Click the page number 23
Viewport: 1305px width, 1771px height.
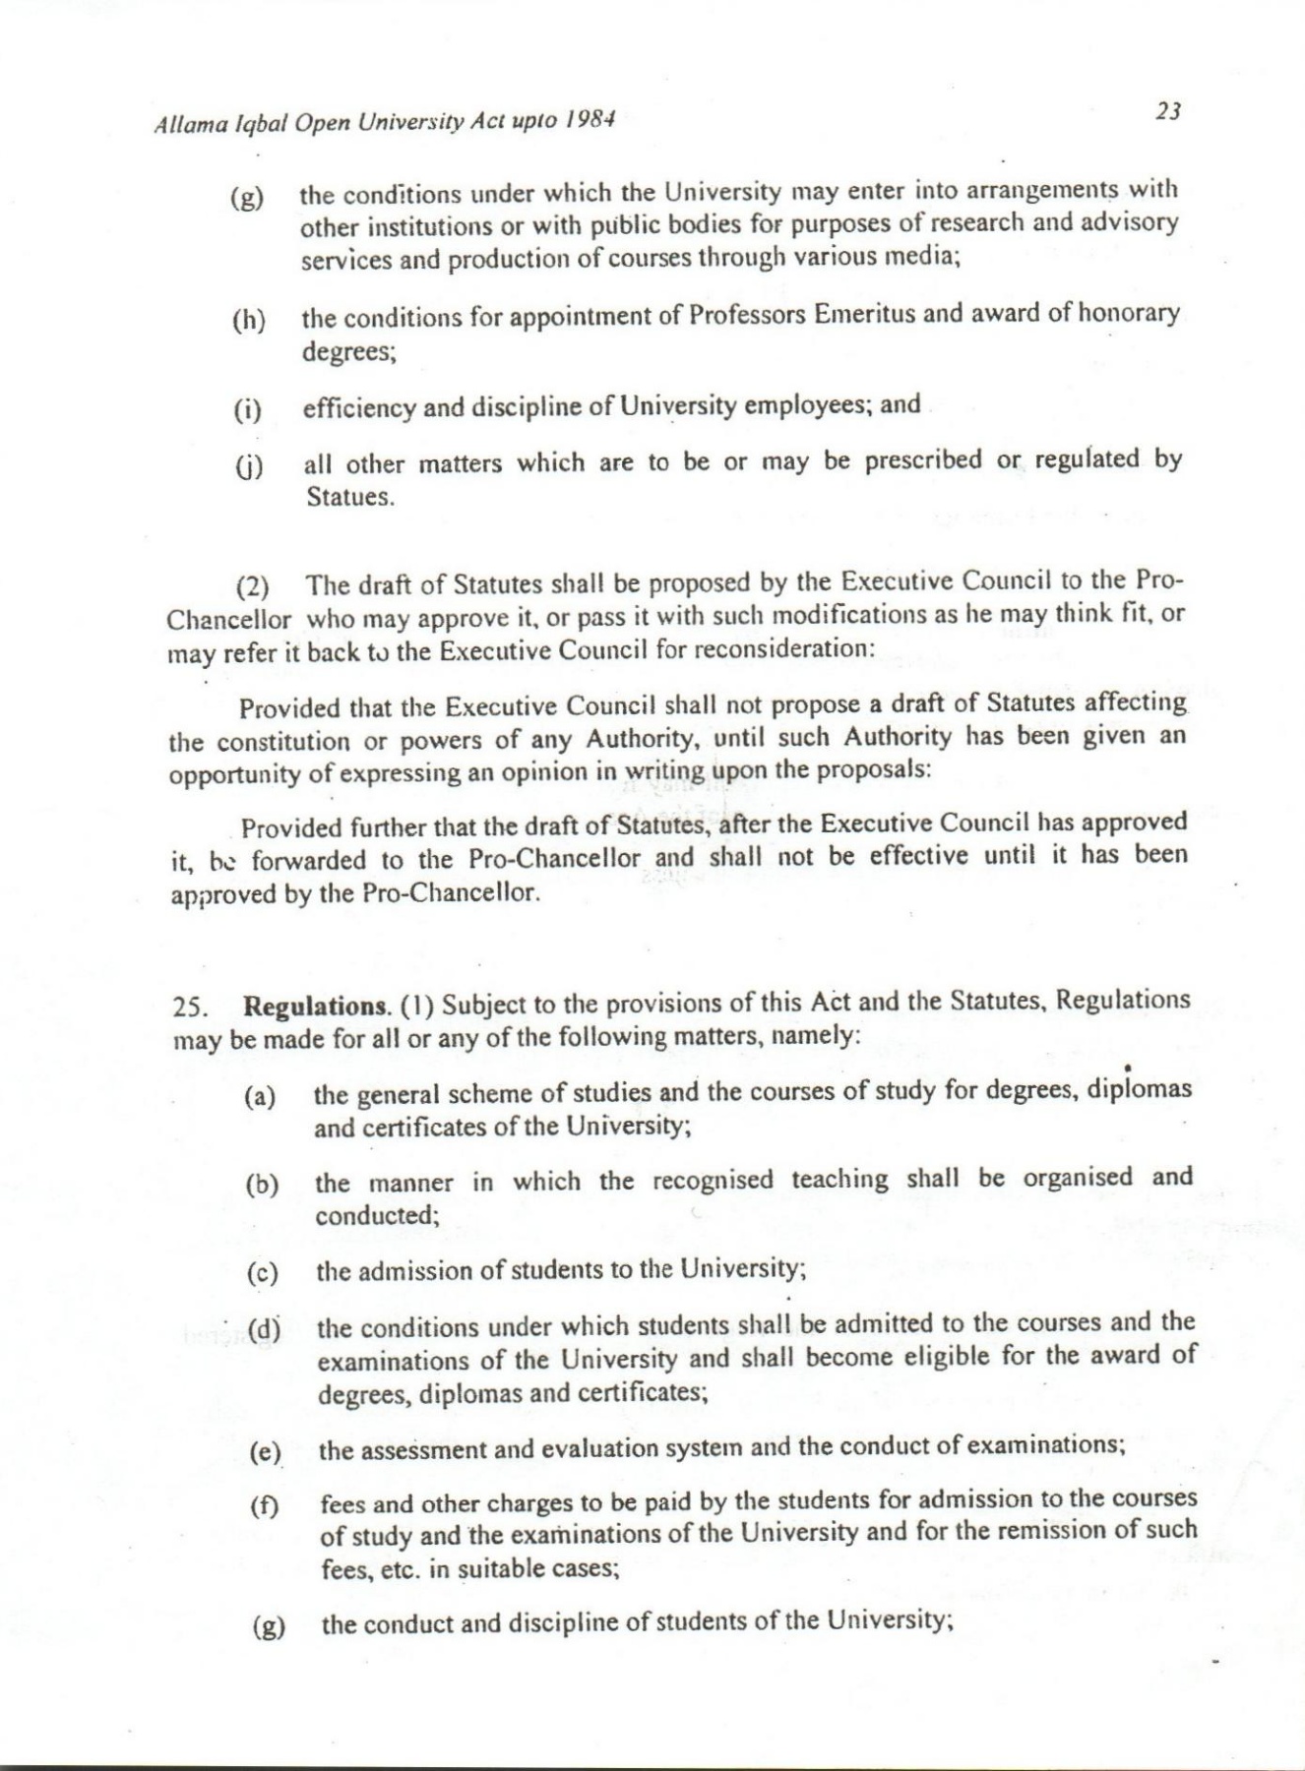coord(1167,111)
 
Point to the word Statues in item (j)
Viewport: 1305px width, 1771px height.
coord(349,496)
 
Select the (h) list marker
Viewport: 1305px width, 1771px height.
coord(249,321)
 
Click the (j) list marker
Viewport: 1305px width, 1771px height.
coord(248,467)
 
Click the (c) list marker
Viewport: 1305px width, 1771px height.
coord(262,1274)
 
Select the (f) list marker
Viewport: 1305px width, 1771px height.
coord(264,1506)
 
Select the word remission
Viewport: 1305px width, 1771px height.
coord(1026,1530)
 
